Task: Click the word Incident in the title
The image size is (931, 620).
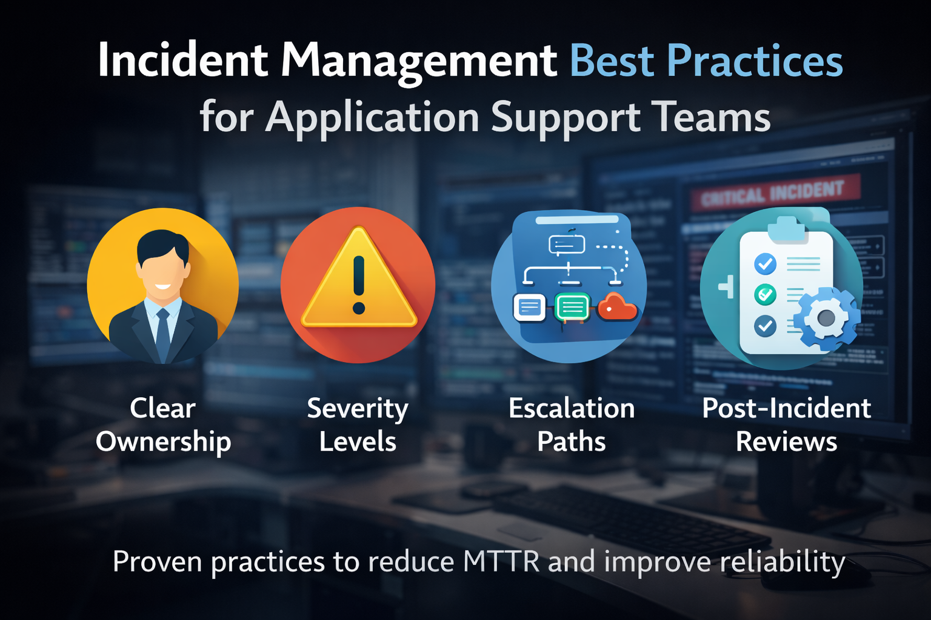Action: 182,61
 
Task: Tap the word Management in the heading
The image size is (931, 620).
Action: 419,61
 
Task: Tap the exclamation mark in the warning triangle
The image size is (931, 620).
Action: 359,284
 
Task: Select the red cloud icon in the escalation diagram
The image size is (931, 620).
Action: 617,307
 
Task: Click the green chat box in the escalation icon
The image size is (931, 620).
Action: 572,307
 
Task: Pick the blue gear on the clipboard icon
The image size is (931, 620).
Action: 826,317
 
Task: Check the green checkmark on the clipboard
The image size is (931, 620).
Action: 765,294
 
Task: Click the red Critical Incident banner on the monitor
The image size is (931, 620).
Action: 774,193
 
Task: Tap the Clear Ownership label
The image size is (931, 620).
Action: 163,424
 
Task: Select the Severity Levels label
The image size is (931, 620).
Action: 358,424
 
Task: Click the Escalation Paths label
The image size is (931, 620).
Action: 572,424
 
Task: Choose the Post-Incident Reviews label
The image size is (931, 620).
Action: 786,424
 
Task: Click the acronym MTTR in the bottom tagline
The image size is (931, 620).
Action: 501,562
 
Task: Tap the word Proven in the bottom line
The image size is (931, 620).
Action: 157,562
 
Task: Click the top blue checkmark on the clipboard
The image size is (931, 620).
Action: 765,263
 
